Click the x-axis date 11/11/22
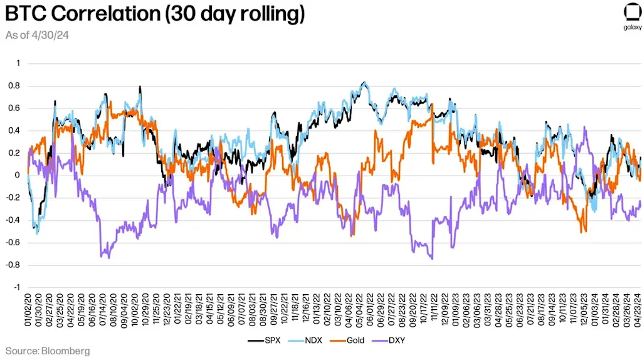[x=433, y=311]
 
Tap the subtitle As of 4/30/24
[x=37, y=35]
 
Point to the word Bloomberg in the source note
[x=66, y=351]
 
